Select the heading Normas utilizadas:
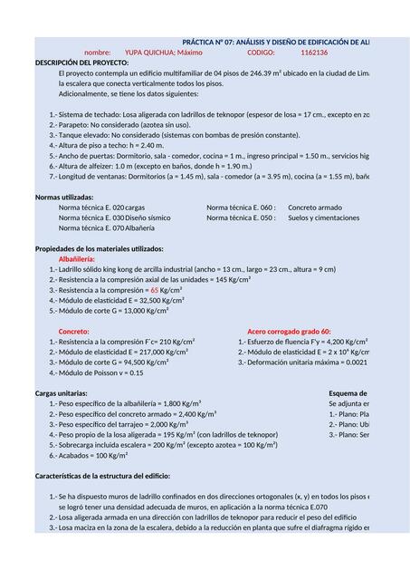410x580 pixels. [63, 197]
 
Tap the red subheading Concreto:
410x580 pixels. [74, 331]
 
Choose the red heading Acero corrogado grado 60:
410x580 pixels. [289, 331]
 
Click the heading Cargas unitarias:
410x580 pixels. [62, 393]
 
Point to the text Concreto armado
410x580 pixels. [315, 208]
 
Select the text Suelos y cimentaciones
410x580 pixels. [323, 217]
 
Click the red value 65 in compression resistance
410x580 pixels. [154, 289]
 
